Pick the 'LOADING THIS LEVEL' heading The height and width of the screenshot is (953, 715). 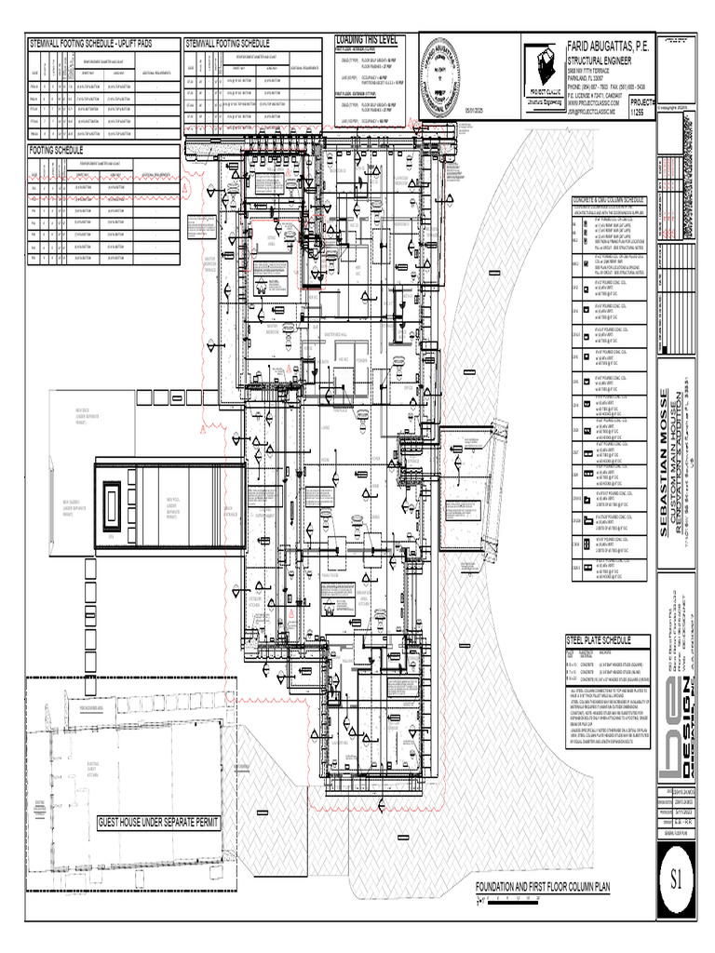pos(366,41)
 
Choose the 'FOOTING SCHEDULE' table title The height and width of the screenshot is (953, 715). pos(56,150)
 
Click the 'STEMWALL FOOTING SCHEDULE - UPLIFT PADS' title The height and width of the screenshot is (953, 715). pos(91,44)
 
